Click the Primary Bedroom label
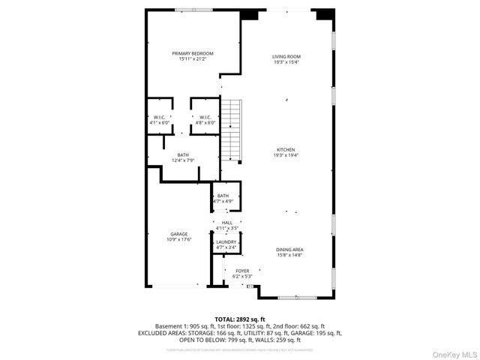click(193, 53)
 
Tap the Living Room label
click(286, 56)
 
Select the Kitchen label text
click(286, 150)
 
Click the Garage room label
click(178, 234)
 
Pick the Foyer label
click(242, 271)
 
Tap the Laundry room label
click(226, 242)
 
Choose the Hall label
click(226, 223)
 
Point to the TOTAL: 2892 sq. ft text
click(239, 319)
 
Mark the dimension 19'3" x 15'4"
click(286, 61)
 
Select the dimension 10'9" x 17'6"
click(178, 239)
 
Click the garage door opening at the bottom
click(177, 285)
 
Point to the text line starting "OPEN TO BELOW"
click(239, 340)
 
